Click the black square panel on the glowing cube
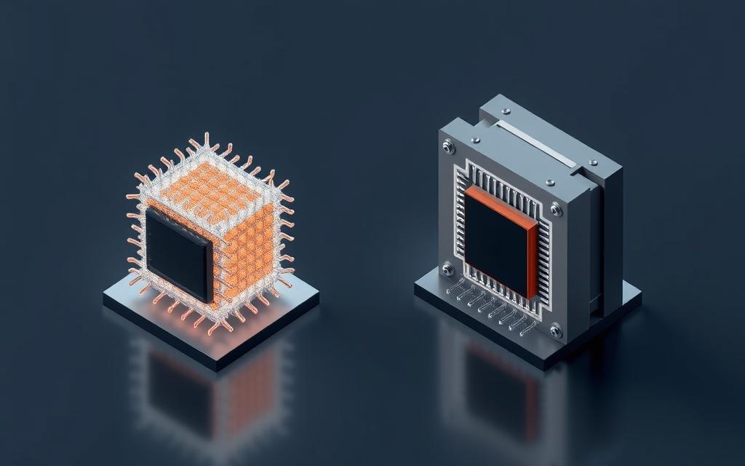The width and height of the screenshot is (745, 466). point(178,253)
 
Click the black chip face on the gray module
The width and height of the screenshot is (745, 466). point(496,244)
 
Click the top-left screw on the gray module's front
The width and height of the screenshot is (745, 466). point(448,149)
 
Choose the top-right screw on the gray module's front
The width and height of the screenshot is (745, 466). point(556,210)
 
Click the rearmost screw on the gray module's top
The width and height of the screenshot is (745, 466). point(505,111)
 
